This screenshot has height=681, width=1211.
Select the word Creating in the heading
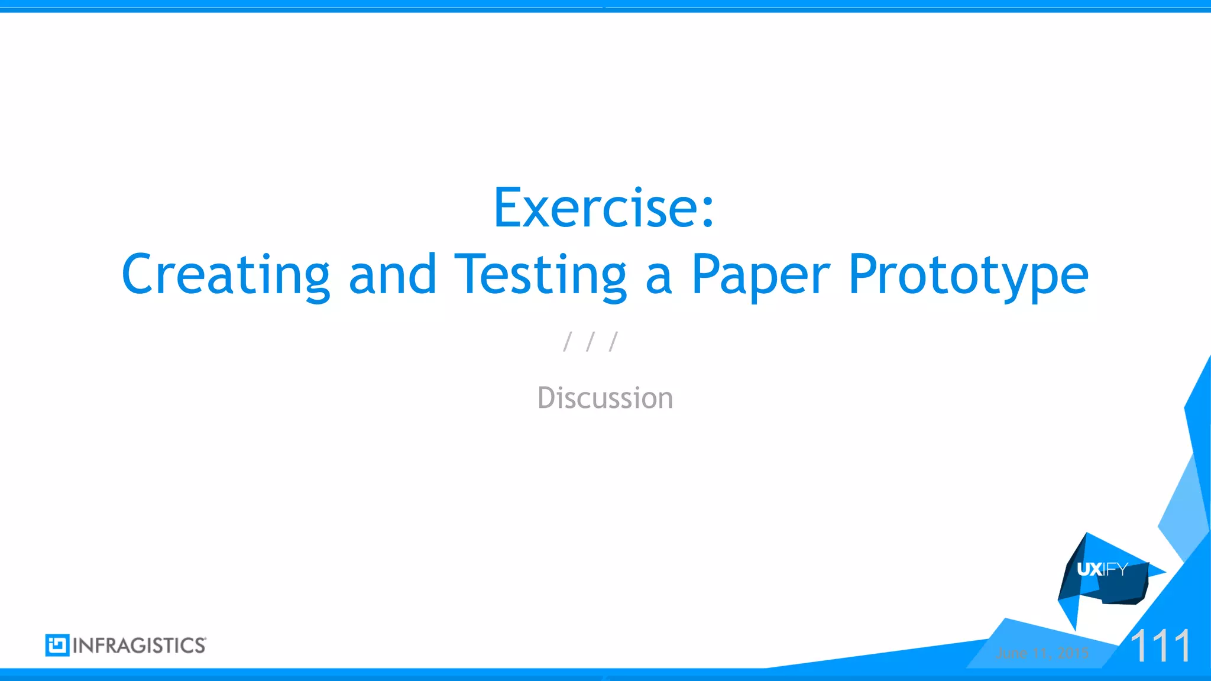(x=225, y=275)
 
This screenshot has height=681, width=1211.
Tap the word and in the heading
(x=392, y=275)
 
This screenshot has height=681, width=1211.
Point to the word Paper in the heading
(x=761, y=275)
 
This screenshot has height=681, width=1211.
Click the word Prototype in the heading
(x=968, y=275)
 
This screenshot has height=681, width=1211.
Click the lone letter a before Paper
(x=659, y=278)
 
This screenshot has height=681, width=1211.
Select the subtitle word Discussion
(x=605, y=398)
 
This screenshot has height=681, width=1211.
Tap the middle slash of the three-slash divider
(x=590, y=342)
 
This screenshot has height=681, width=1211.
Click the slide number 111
(x=1160, y=646)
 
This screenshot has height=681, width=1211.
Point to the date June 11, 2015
(x=1042, y=653)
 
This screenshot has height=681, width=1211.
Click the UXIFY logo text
(x=1102, y=569)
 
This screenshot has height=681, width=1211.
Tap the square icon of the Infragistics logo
(x=57, y=645)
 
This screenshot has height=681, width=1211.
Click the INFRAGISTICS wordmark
(x=140, y=646)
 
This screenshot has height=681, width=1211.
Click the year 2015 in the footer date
(x=1073, y=653)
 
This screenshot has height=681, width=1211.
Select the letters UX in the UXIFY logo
(x=1089, y=569)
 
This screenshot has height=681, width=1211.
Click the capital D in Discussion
(x=547, y=398)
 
